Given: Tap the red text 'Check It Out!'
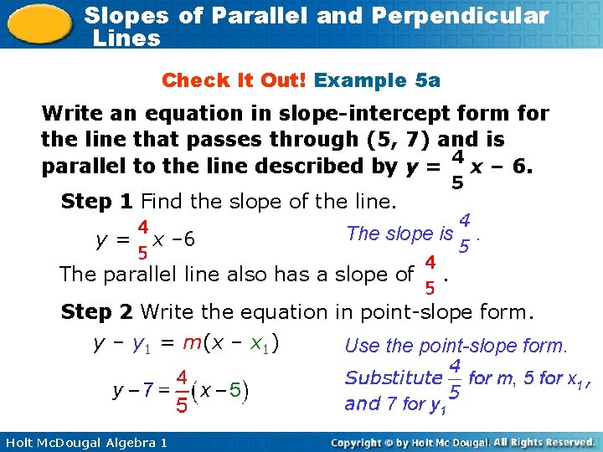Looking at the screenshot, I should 235,80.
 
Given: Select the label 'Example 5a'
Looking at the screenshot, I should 377,80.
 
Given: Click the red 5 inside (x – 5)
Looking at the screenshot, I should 236,389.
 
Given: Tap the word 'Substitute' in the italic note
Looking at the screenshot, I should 392,378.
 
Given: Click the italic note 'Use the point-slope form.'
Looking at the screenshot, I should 456,345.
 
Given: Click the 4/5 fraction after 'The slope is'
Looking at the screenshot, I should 463,234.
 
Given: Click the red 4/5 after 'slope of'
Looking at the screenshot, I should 429,275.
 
